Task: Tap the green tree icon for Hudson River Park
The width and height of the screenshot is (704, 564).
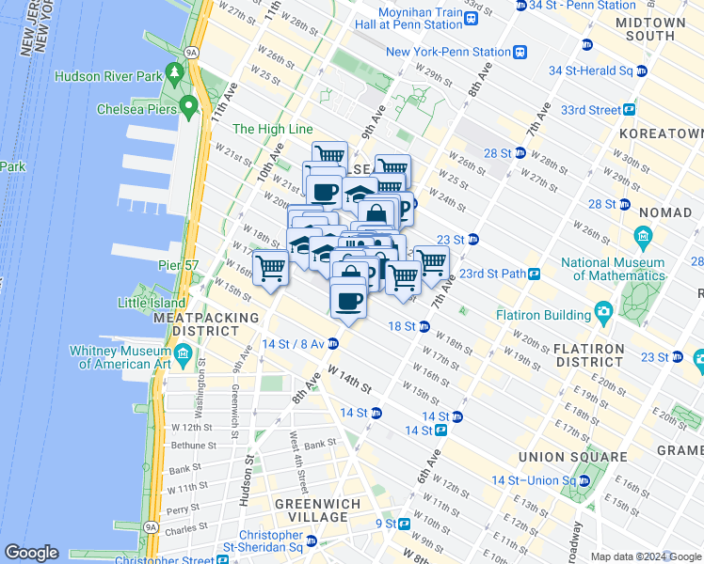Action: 173,72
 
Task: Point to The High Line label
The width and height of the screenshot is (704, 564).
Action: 271,130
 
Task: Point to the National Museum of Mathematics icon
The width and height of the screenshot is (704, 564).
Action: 643,234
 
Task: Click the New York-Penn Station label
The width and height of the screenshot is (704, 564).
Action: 448,52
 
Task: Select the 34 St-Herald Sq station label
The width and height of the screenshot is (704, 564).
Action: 591,70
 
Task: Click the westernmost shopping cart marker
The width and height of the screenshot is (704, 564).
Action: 271,268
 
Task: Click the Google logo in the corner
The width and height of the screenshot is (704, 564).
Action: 31,553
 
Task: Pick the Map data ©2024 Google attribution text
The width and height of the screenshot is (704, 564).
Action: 645,557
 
